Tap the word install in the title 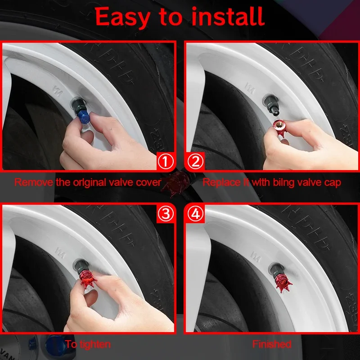pos(228,16)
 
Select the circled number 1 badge pos(166,162)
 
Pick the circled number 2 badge pos(195,161)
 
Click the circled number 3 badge pos(166,214)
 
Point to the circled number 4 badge pos(195,214)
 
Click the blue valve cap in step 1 pos(83,117)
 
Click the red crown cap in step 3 pos(88,279)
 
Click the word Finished pos(272,344)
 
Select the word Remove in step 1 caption pos(33,182)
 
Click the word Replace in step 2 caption pos(221,183)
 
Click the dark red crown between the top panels pos(175,184)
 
